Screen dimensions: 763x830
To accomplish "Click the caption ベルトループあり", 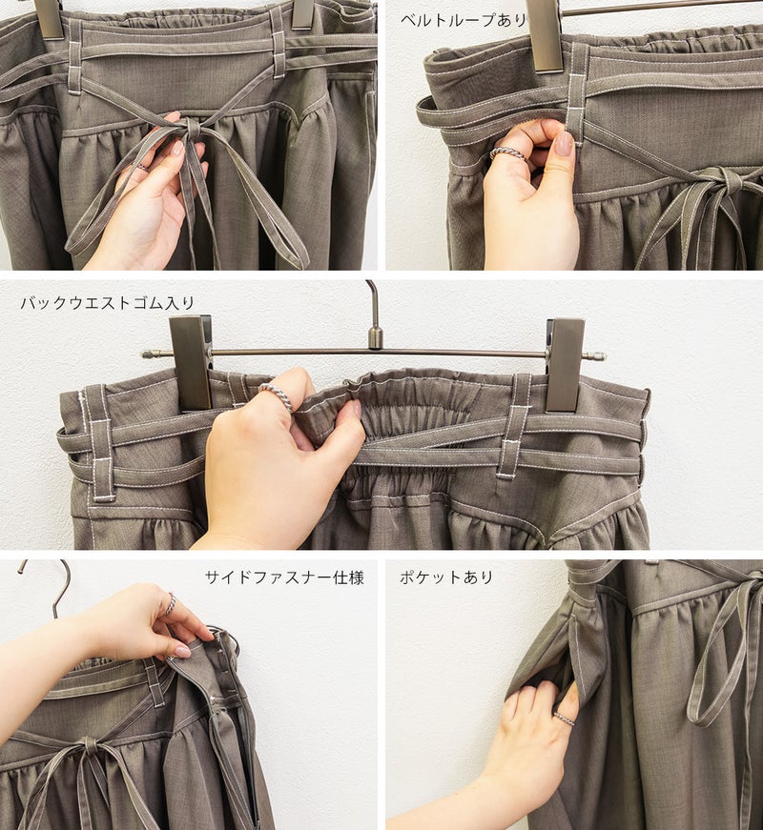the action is coord(464,20).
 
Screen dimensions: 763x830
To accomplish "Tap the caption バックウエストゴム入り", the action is coord(108,303).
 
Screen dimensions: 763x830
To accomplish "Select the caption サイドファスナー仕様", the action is coord(284,577).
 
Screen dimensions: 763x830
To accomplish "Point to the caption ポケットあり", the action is coord(446,577).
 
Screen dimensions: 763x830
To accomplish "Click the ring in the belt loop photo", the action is coord(507,153).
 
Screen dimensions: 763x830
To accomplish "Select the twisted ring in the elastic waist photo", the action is coord(277,396).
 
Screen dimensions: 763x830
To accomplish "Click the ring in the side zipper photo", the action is coord(171,603).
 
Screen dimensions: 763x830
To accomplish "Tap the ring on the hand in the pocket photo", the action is coord(564,719).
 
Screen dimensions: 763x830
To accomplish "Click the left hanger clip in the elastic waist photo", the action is coord(191,363).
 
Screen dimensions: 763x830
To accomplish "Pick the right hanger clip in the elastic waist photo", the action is coord(566,364).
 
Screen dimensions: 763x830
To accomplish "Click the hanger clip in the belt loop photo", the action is coord(546,35).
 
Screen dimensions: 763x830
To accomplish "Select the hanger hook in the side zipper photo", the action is coord(48,588).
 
